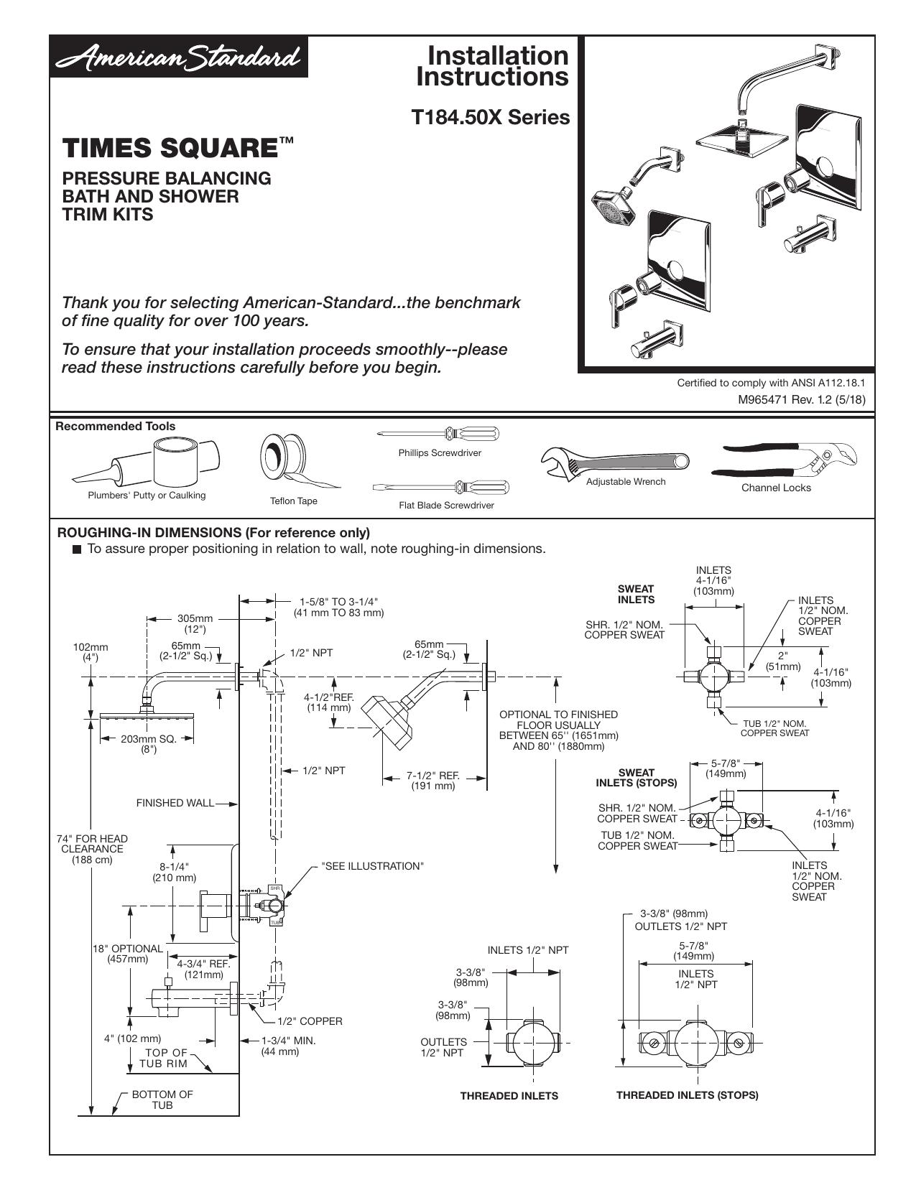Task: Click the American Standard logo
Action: click(x=178, y=57)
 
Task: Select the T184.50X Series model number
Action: click(x=491, y=117)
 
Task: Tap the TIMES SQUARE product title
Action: click(x=177, y=148)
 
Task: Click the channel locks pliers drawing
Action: click(x=784, y=461)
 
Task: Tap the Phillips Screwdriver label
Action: click(x=440, y=452)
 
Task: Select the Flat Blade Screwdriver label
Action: click(x=446, y=506)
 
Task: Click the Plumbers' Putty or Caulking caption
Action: click(x=147, y=495)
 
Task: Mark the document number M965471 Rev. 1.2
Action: click(x=802, y=399)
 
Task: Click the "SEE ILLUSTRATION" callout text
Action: click(x=373, y=866)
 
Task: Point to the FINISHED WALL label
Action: click(x=175, y=803)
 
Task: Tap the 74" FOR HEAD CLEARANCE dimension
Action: click(x=92, y=849)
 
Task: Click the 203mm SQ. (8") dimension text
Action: click(x=149, y=744)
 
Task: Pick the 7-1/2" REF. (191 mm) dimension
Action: click(x=433, y=781)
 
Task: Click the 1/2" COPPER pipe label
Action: click(x=310, y=1021)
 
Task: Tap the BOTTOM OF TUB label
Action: click(x=162, y=1100)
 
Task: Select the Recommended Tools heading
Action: click(x=115, y=427)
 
